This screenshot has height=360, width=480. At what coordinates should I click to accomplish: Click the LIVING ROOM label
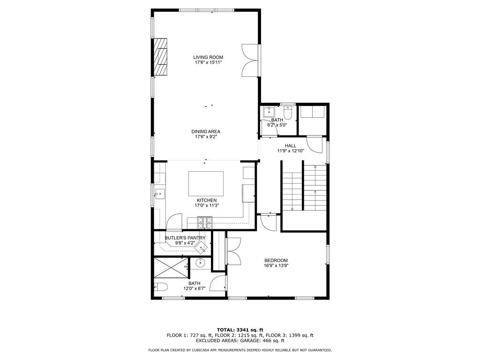tap(208, 57)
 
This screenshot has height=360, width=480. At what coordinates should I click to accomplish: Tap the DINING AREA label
tap(206, 132)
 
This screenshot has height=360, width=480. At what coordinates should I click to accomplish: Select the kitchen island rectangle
tap(206, 184)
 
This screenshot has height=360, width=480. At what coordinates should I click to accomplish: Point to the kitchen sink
tap(159, 194)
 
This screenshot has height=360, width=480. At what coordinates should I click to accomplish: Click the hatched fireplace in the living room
tap(160, 57)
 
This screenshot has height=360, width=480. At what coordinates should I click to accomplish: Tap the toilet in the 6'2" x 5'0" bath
tap(288, 112)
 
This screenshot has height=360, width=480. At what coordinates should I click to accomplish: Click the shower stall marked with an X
tap(171, 268)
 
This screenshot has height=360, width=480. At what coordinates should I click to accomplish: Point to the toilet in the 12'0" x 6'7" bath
tap(161, 287)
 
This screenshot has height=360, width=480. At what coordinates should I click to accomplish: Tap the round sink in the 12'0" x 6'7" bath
tap(201, 262)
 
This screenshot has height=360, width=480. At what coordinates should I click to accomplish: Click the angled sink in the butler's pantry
tap(202, 247)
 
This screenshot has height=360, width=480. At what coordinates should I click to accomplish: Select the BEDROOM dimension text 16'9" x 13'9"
tap(276, 265)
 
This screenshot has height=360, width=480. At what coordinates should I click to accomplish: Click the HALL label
tap(291, 146)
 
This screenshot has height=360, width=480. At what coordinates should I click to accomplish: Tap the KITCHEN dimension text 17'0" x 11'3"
tap(207, 205)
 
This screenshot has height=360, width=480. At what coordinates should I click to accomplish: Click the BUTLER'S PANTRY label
tap(185, 238)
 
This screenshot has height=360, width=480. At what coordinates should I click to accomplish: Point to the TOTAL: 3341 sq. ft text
tap(240, 330)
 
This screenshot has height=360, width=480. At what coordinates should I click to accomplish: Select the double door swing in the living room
tap(250, 60)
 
